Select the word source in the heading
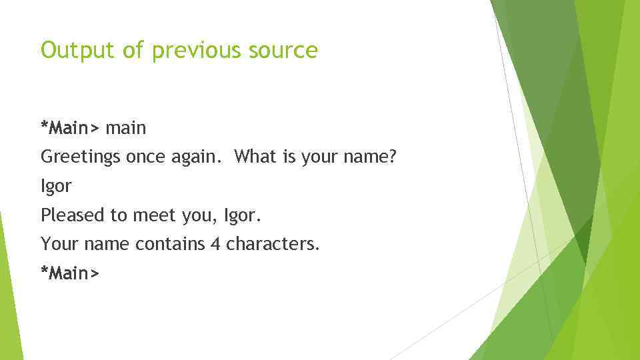pyautogui.click(x=285, y=50)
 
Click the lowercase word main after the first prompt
pyautogui.click(x=126, y=127)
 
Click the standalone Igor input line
pyautogui.click(x=56, y=187)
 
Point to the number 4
pyautogui.click(x=215, y=244)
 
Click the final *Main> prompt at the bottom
pyautogui.click(x=70, y=273)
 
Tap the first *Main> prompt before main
pyautogui.click(x=70, y=127)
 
